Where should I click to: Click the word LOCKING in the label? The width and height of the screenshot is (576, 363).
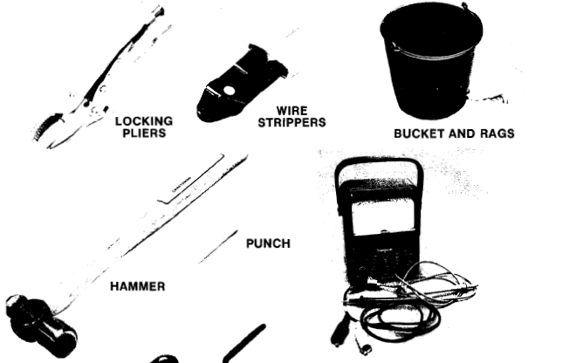point(144,121)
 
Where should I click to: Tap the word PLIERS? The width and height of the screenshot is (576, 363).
point(144,133)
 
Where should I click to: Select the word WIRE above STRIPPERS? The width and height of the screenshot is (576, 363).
point(291,111)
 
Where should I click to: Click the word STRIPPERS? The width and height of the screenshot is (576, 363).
point(291,122)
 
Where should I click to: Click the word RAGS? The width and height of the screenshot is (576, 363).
point(497,134)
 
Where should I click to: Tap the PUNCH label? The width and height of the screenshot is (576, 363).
point(268,243)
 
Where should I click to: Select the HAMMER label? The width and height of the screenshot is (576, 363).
point(137,286)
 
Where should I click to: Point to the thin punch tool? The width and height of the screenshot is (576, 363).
point(218,247)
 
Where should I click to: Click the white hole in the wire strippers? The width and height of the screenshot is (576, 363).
point(229,91)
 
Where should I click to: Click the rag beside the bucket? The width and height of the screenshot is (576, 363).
point(488,99)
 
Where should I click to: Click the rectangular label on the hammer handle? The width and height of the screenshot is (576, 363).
point(191,179)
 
